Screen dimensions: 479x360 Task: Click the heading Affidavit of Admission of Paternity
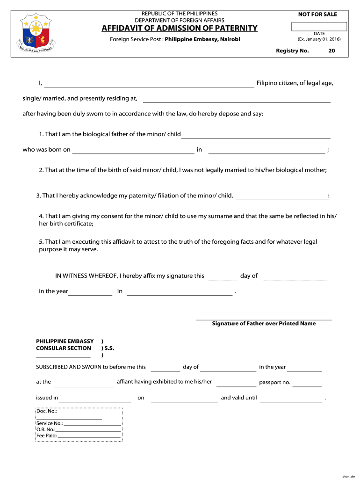click(x=180, y=28)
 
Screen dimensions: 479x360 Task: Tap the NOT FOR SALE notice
click(x=317, y=15)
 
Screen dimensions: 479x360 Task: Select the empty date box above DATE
click(x=319, y=27)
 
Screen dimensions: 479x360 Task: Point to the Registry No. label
click(x=292, y=51)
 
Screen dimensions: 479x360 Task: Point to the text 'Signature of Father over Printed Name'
click(x=264, y=323)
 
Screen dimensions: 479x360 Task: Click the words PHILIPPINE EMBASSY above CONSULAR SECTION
click(x=65, y=341)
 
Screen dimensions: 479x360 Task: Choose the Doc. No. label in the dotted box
click(x=46, y=411)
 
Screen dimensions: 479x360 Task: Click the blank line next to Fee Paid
click(x=89, y=436)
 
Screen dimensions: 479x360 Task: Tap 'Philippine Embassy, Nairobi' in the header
click(x=202, y=39)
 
